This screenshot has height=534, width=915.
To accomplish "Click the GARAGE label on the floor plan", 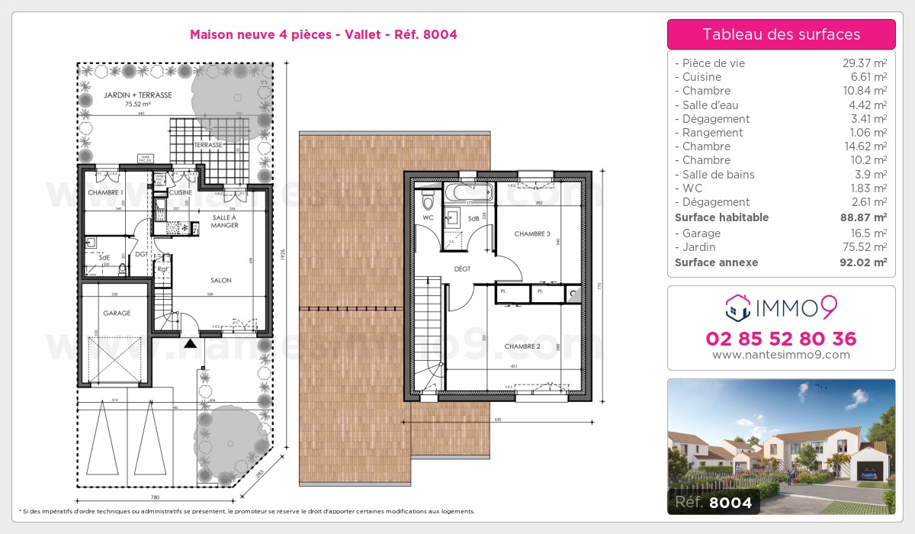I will tap(117, 313).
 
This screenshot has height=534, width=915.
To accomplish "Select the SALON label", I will tap(221, 281).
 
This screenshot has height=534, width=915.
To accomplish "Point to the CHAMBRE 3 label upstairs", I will tap(532, 233).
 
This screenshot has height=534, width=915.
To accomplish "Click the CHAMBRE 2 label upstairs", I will tap(522, 346).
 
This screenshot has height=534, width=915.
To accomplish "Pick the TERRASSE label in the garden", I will tap(207, 144).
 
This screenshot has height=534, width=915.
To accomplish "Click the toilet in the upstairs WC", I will tap(428, 202).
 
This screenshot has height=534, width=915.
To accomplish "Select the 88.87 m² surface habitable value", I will tap(861, 217).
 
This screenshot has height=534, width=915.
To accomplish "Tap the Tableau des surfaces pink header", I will tap(781, 34).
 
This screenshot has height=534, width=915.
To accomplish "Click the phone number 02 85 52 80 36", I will tap(781, 339).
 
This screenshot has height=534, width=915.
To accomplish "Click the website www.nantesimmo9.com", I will tap(781, 355).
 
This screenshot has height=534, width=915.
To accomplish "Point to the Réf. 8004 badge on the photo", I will tap(710, 502).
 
